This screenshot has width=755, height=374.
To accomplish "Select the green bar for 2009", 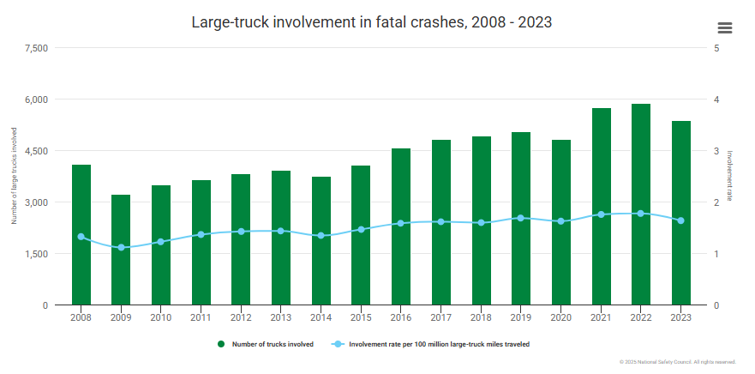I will [121, 250].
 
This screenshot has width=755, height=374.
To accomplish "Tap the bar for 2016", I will [401, 226].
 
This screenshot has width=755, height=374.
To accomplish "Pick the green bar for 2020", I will [561, 222].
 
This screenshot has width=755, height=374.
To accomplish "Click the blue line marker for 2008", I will [81, 237].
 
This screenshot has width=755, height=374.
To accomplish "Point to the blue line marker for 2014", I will [321, 235].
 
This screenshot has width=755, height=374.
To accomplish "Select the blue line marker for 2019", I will [521, 218].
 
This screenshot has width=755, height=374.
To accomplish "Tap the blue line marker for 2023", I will [681, 220].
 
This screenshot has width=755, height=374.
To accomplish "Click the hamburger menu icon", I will [725, 27].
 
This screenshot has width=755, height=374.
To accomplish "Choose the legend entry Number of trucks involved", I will [266, 344].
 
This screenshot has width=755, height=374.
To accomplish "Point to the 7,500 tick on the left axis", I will [35, 48].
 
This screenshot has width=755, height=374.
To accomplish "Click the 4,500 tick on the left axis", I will [35, 151].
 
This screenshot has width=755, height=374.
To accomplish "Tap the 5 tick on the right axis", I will [716, 48].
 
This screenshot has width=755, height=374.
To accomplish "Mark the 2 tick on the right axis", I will [716, 202].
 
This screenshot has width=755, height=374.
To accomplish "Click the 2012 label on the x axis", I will [241, 317].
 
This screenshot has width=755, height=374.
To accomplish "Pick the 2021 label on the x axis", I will [601, 317].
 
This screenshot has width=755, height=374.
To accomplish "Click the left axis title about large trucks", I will [15, 176].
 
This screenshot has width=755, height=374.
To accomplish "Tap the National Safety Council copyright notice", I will [677, 362].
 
